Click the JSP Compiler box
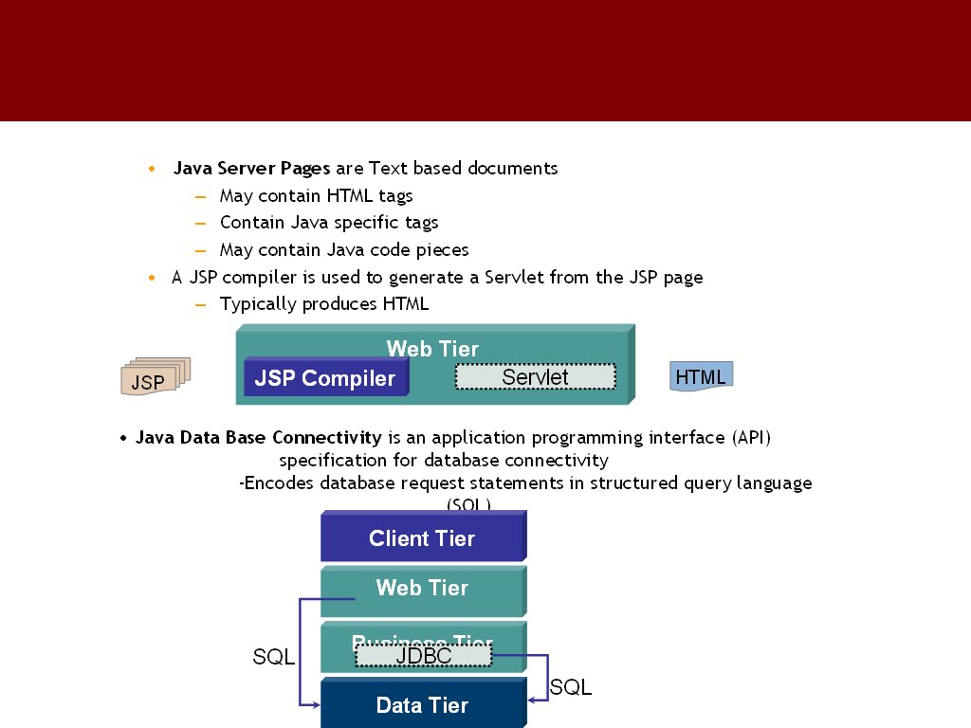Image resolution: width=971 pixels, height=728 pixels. (325, 378)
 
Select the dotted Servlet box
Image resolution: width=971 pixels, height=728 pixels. (535, 377)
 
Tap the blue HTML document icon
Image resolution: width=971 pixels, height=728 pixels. (701, 376)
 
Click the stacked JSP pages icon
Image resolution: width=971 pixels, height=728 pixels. (154, 377)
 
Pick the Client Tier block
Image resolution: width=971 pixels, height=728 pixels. (422, 538)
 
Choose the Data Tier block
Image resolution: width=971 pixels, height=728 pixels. (422, 705)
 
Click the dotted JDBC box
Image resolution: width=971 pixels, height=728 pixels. (423, 655)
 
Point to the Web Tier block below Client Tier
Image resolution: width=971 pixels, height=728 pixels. (422, 589)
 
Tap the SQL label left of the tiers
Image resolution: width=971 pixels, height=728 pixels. (273, 657)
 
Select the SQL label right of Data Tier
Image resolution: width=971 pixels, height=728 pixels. (571, 688)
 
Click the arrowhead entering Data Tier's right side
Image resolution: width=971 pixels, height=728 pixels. (532, 700)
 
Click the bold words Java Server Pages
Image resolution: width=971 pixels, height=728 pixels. (251, 169)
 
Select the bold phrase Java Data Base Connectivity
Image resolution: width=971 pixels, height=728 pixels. (258, 438)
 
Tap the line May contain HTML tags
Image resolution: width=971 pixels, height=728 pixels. (316, 196)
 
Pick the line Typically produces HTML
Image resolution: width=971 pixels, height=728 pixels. (324, 304)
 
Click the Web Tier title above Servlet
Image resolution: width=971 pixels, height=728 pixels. (432, 349)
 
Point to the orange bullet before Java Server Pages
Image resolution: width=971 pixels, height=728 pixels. (152, 170)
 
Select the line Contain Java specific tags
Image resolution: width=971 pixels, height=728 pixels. (329, 223)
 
